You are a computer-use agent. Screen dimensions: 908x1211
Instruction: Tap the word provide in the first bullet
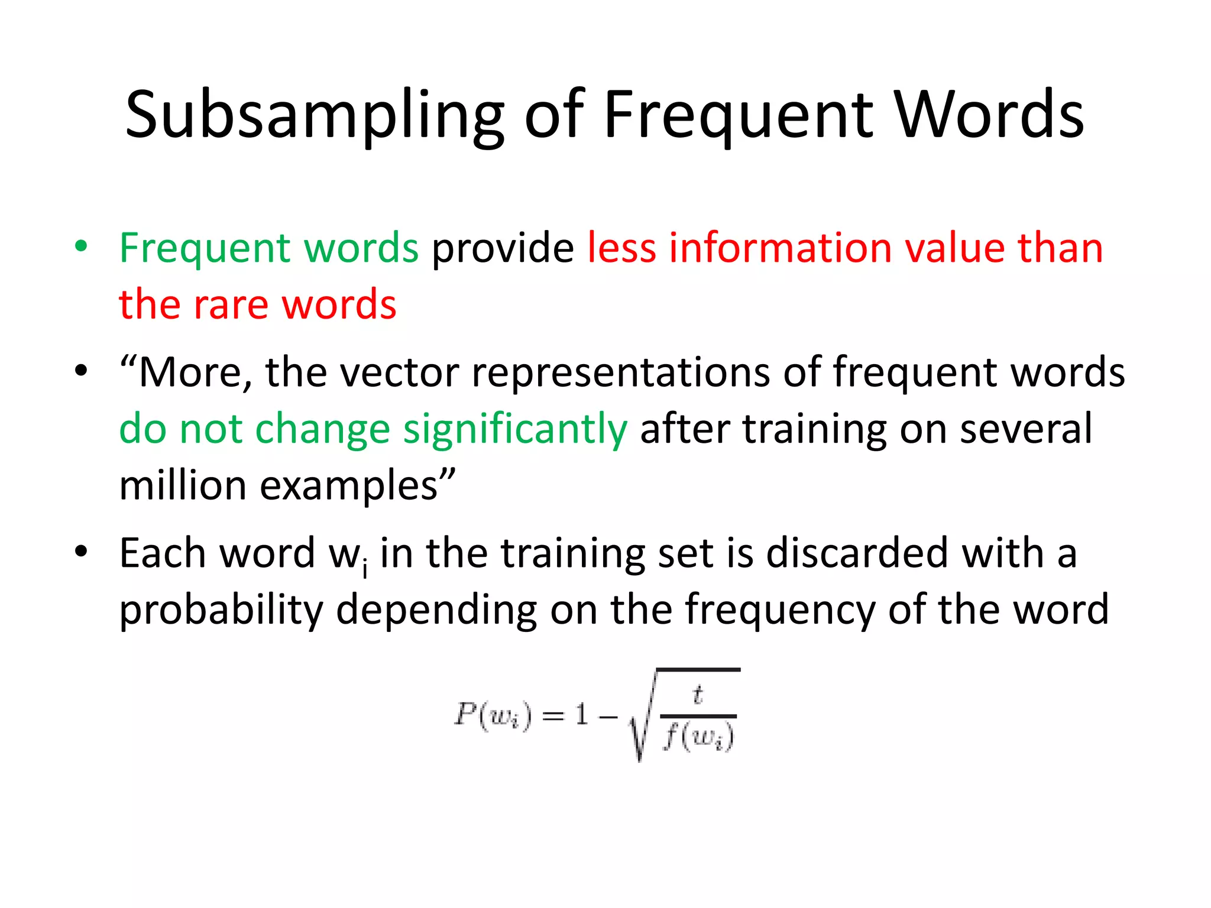tap(503, 248)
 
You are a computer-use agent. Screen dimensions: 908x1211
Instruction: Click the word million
tap(183, 485)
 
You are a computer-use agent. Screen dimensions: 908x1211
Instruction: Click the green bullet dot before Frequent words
tap(81, 246)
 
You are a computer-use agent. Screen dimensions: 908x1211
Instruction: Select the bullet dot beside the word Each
tap(81, 552)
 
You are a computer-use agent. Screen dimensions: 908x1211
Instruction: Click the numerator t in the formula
tap(698, 695)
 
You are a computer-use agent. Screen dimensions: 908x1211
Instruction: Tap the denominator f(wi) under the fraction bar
tap(698, 738)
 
